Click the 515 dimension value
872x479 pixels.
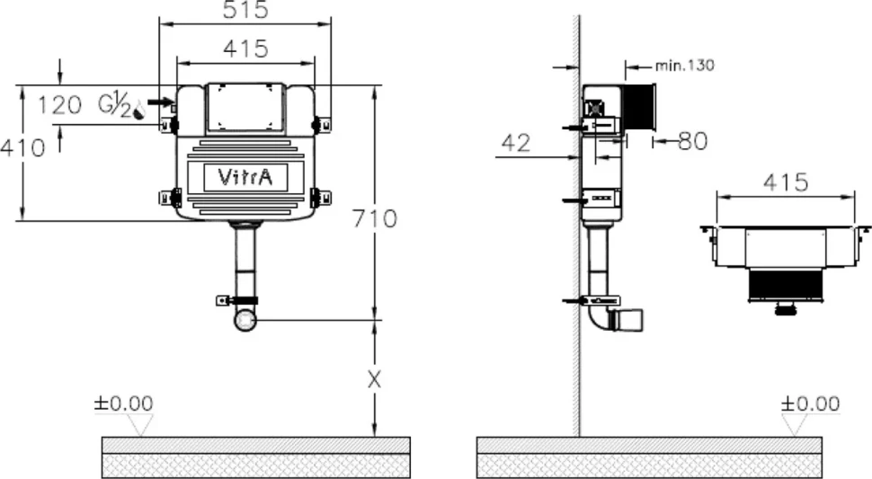click(245, 10)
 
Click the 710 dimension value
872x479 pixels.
click(375, 218)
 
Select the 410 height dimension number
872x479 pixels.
click(22, 147)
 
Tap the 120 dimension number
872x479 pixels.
click(59, 105)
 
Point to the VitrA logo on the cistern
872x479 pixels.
click(245, 177)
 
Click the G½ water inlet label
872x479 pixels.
click(115, 105)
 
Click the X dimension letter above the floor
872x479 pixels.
click(375, 380)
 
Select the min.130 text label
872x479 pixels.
click(685, 66)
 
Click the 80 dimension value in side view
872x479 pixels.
click(693, 141)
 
